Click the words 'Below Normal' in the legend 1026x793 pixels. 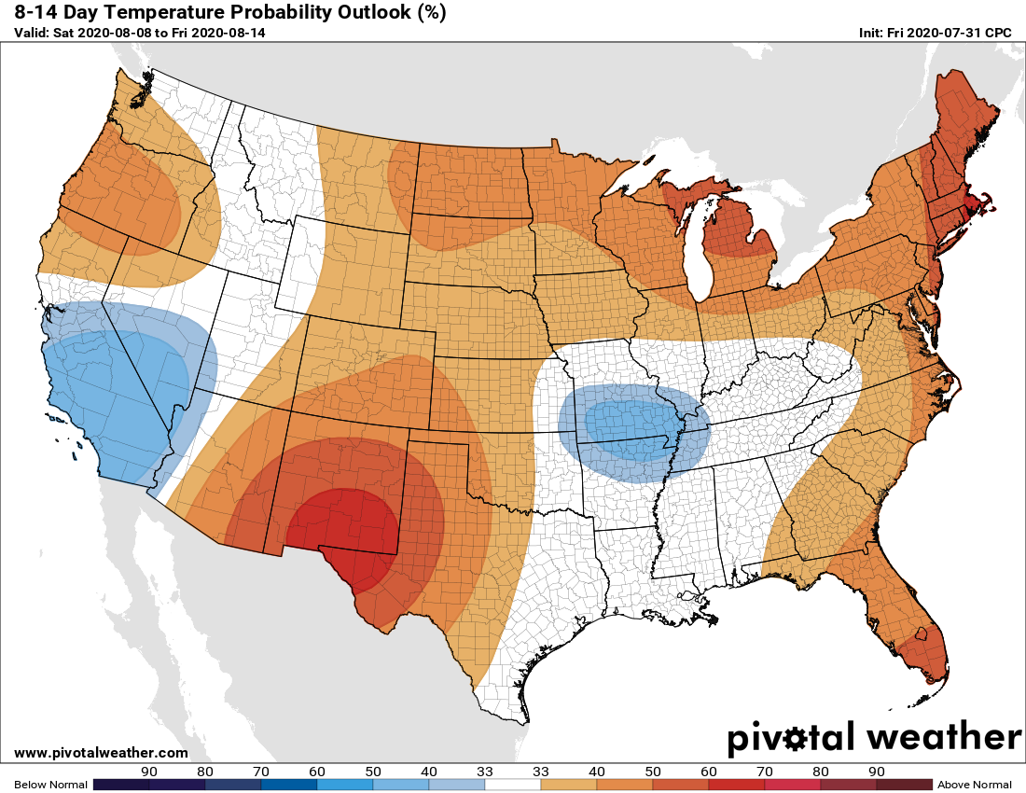50,785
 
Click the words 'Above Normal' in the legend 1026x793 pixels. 974,785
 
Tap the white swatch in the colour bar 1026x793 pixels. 513,785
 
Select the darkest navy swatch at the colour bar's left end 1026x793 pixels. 121,785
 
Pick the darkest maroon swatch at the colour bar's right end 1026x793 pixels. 904,785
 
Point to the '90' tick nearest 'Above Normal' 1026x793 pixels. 876,772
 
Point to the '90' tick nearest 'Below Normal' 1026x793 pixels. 149,772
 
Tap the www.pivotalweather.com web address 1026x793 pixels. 101,753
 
